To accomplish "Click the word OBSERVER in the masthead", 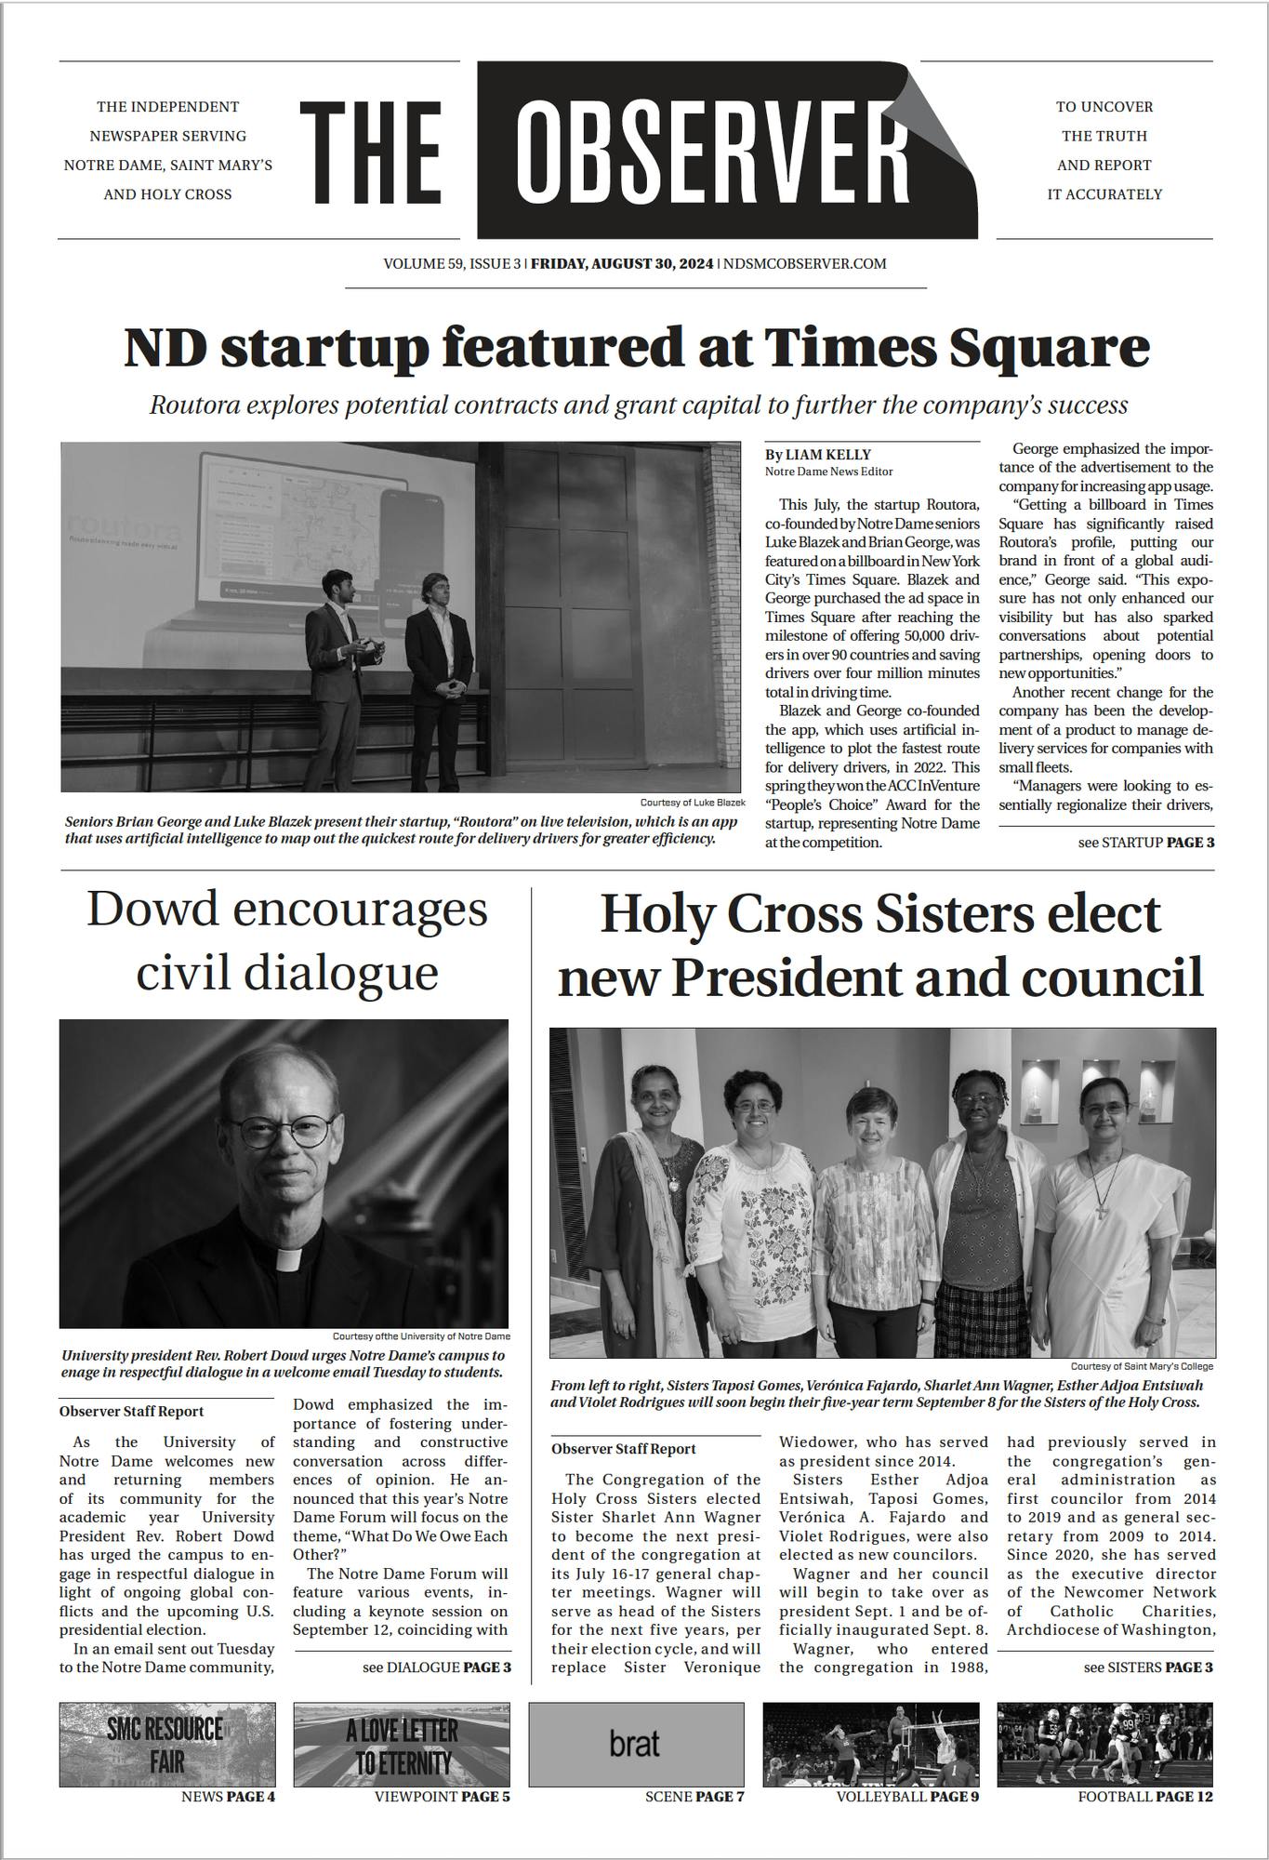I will (x=711, y=149).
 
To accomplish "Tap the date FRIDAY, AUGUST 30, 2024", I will (x=622, y=264).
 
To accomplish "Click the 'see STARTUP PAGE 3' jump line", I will (x=1145, y=843).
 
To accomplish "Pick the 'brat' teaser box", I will (x=636, y=1744).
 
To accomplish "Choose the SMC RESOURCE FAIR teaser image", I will (x=167, y=1744).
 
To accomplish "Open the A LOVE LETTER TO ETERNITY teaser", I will (x=402, y=1744).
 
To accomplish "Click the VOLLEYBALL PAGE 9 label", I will (x=906, y=1797).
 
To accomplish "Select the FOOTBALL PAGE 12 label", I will (x=1144, y=1797).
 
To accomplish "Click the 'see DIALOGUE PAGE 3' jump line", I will (x=436, y=1667).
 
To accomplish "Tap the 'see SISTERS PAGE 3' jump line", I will (x=1147, y=1667).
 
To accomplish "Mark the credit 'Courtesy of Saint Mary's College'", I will (x=1141, y=1366).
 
